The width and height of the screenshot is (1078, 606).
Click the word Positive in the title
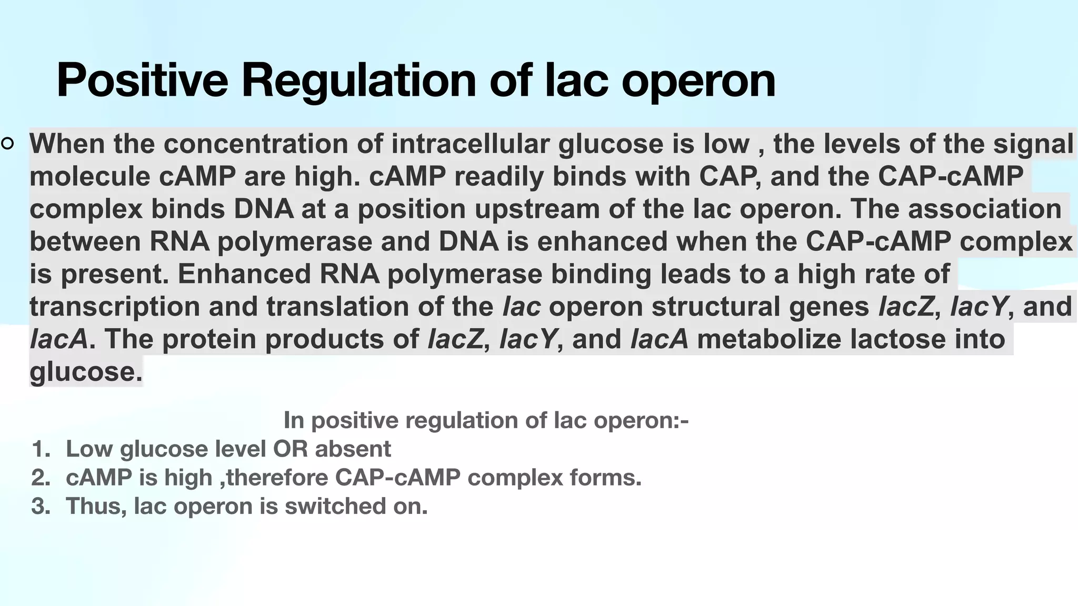tap(142, 80)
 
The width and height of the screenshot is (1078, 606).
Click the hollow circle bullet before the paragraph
tap(7, 143)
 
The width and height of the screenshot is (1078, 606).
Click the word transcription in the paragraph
tap(114, 307)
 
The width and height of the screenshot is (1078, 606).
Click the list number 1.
tap(41, 449)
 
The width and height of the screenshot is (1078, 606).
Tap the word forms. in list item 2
tap(612, 478)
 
